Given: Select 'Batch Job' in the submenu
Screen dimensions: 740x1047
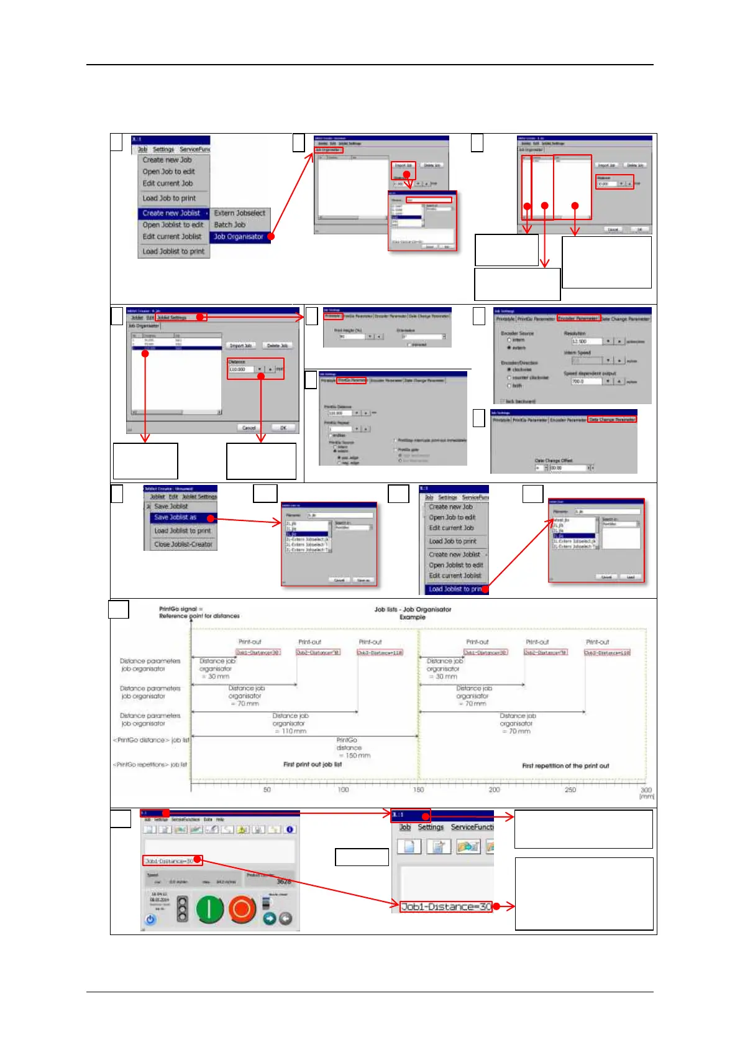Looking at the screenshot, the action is (x=230, y=225).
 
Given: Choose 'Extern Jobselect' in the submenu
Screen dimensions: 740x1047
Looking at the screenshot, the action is (x=240, y=213).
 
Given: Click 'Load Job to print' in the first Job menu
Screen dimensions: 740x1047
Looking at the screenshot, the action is (x=169, y=198).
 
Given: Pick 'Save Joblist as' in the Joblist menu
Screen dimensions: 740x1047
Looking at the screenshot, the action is (x=175, y=517).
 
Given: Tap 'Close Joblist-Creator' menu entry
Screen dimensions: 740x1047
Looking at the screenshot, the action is (x=183, y=544).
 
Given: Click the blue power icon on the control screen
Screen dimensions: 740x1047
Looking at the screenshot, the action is (x=150, y=920).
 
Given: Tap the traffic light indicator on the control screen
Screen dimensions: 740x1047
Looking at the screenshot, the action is (x=182, y=909).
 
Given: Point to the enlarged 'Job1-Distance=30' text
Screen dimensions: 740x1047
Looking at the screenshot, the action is (x=445, y=906).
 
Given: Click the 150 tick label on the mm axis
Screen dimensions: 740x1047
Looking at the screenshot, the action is (x=419, y=790).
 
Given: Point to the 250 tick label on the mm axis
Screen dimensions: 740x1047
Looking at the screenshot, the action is (x=570, y=790).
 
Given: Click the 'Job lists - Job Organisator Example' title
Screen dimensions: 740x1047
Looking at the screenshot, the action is (x=413, y=613).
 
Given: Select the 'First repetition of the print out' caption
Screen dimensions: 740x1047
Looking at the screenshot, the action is (x=565, y=766).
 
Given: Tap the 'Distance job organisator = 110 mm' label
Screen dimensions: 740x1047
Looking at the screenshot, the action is (x=290, y=724).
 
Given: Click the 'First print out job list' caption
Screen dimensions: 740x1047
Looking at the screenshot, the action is (x=313, y=764).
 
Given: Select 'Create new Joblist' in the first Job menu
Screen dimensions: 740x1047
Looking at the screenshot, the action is (x=171, y=213).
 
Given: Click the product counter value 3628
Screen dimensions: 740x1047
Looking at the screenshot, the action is (x=284, y=882).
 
